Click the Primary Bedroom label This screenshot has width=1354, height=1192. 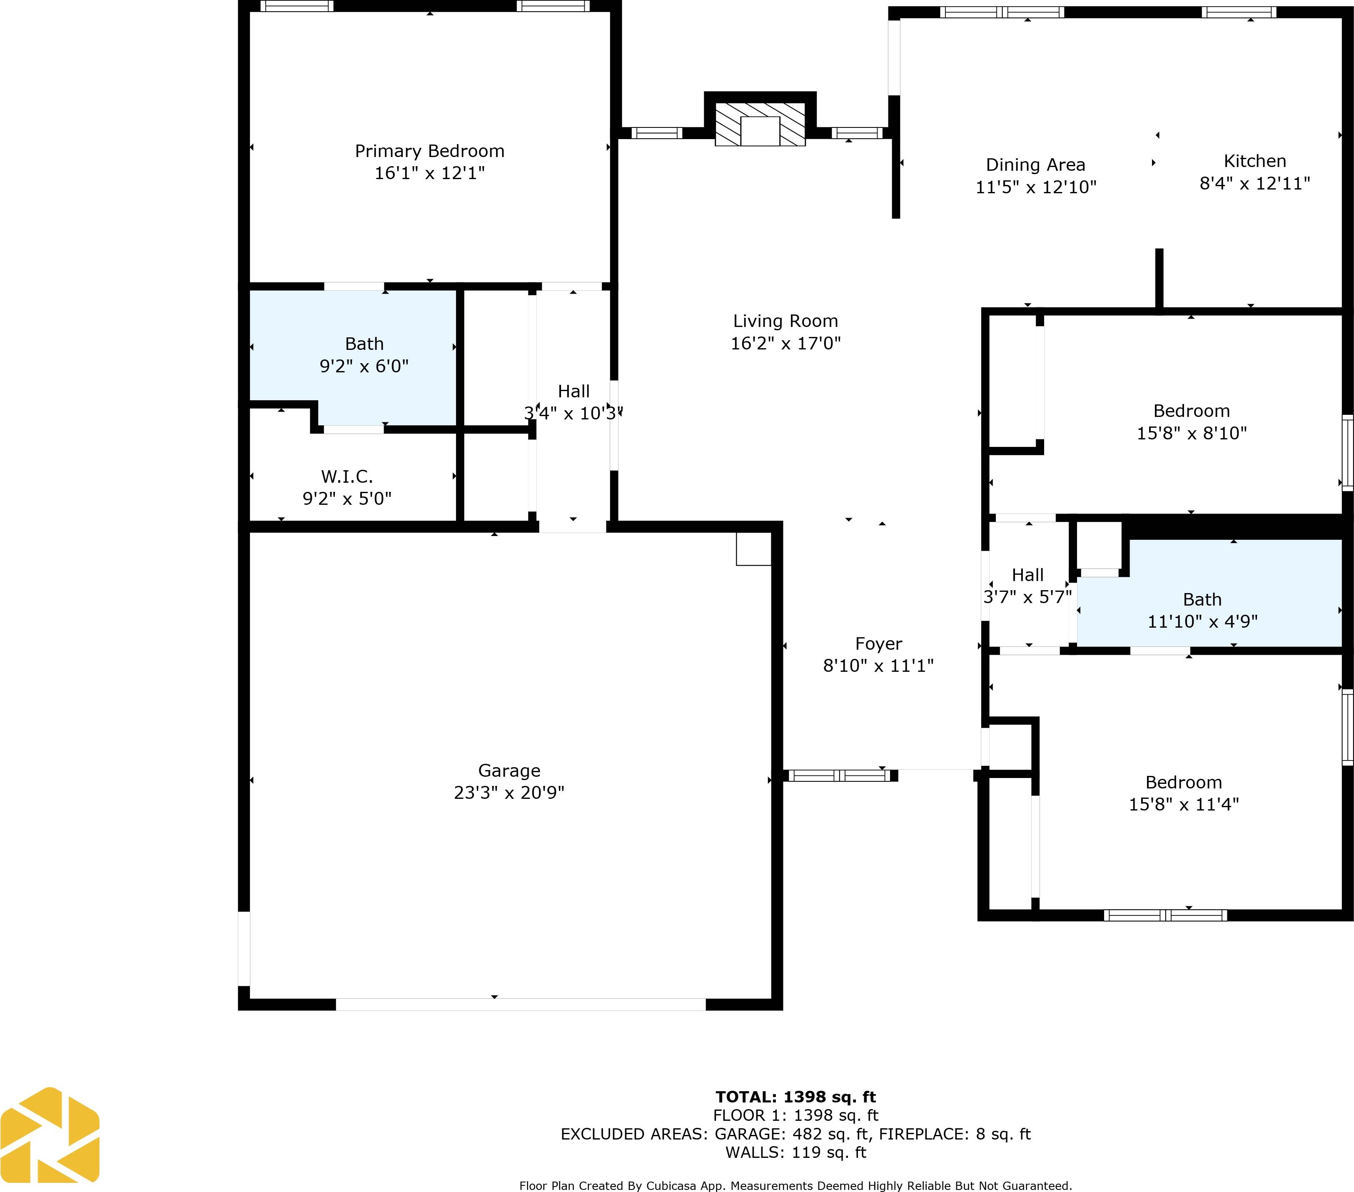point(429,151)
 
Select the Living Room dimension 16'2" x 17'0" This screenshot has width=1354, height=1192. point(785,343)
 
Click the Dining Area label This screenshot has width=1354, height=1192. point(1035,165)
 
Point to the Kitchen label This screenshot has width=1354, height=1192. point(1254,161)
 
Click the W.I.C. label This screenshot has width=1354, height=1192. point(347,476)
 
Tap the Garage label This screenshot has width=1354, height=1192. point(509,771)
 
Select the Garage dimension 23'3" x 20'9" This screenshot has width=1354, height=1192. point(509,793)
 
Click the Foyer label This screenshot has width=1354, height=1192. point(878,643)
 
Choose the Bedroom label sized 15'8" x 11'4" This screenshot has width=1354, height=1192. point(1183,783)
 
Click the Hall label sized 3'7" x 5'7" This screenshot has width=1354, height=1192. point(1027,575)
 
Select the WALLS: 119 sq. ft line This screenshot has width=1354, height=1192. point(795,1153)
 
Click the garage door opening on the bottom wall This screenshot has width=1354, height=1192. point(521,1005)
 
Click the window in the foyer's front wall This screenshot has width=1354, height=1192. point(839,775)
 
